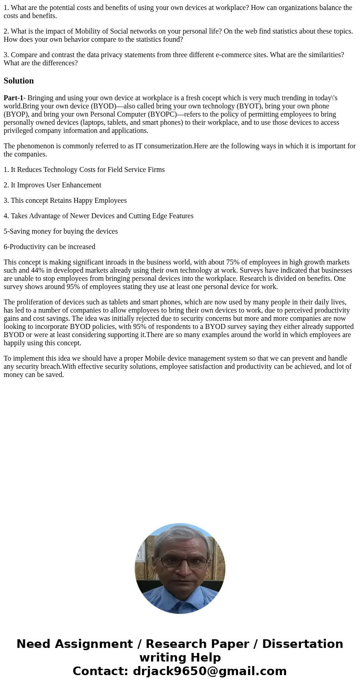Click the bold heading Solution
point(19,81)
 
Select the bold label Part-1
point(13,98)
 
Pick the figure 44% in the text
point(38,270)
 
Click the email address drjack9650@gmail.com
point(209,671)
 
